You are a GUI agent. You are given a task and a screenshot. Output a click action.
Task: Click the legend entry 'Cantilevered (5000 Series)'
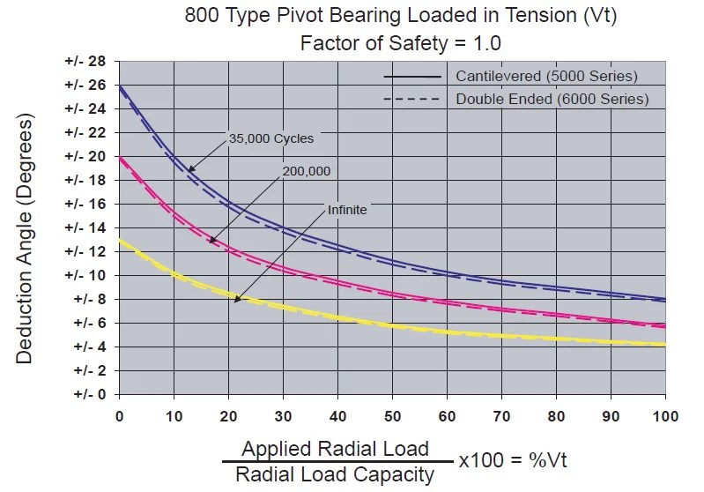point(546,75)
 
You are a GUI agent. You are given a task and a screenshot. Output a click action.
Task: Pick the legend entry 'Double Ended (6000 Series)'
point(552,99)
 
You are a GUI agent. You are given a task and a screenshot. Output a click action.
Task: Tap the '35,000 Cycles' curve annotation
point(270,138)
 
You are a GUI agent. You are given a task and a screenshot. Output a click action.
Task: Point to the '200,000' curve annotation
point(306,171)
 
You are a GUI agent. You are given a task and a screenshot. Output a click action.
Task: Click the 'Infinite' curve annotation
point(347,210)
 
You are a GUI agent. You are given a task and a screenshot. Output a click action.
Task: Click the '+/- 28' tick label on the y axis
point(85,61)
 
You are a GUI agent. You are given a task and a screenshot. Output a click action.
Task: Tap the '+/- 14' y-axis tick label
point(85,227)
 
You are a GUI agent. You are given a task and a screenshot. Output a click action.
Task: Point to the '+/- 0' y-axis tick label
point(88,394)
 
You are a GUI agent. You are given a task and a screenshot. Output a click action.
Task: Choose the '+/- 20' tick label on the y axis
point(85,156)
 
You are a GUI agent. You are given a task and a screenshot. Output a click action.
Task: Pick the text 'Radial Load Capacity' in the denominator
point(335,474)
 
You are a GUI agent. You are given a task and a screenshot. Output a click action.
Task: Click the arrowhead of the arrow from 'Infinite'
point(235,302)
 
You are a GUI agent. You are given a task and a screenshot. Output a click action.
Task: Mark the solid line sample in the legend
point(411,76)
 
